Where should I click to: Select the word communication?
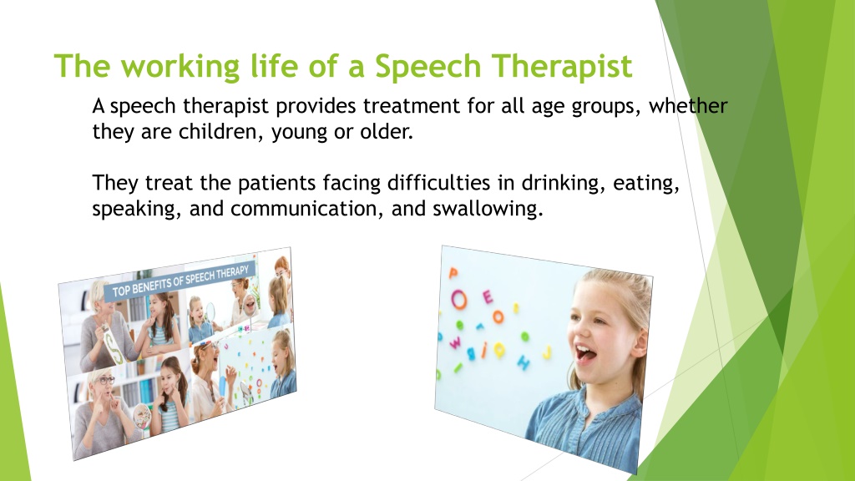coord(307,209)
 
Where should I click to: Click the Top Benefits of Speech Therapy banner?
coord(180,282)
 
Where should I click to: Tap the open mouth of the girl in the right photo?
coord(585,354)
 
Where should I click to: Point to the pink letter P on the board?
coord(453,273)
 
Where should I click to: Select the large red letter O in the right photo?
coord(458,300)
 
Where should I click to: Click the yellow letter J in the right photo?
coord(547,352)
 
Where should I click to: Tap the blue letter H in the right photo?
coord(523,362)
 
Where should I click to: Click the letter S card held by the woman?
coord(114,342)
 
